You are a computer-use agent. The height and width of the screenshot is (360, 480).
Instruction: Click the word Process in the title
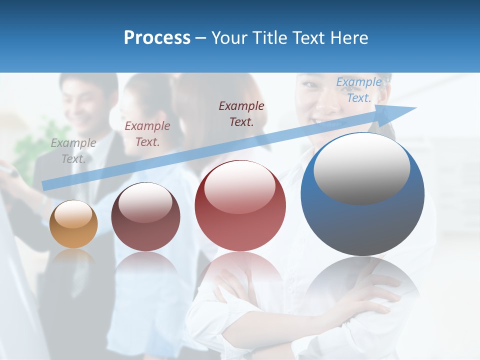[157, 38]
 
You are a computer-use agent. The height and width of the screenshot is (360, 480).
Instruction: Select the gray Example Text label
[73, 151]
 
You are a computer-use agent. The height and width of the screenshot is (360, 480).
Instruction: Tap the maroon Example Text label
[147, 134]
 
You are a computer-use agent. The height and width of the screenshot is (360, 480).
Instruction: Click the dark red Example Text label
[241, 114]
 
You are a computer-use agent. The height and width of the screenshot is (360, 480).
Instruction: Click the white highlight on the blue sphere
[361, 168]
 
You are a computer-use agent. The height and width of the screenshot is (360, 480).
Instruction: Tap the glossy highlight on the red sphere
[239, 187]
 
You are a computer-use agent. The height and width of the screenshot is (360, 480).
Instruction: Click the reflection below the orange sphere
[73, 257]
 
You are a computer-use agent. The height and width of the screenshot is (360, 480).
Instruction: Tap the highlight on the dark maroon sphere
[145, 202]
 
